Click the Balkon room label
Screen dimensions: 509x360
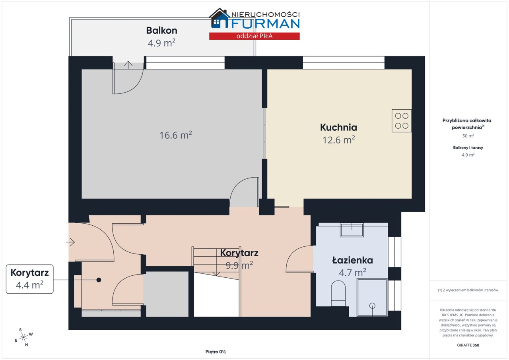click(x=161, y=31)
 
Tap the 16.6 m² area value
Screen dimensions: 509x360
click(x=176, y=135)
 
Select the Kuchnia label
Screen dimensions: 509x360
click(x=338, y=127)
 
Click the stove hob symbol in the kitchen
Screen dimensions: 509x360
click(x=402, y=121)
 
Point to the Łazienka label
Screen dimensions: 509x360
click(x=352, y=260)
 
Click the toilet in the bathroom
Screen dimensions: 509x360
click(x=338, y=294)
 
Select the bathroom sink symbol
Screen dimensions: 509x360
click(x=352, y=230)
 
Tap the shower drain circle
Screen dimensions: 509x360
click(x=372, y=306)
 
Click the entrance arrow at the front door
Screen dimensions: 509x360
click(x=71, y=242)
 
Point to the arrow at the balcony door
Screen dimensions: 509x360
click(x=128, y=65)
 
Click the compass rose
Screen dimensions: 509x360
click(x=23, y=337)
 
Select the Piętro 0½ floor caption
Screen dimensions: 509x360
click(x=216, y=352)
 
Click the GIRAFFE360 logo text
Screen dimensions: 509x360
click(x=468, y=345)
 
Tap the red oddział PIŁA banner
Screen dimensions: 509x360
click(x=254, y=36)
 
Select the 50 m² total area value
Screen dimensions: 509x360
click(x=468, y=136)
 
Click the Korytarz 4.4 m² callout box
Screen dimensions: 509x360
click(x=30, y=279)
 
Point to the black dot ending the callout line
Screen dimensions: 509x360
click(x=99, y=280)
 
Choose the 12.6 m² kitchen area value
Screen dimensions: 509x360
click(x=338, y=140)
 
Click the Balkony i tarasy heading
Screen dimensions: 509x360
click(x=468, y=147)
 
